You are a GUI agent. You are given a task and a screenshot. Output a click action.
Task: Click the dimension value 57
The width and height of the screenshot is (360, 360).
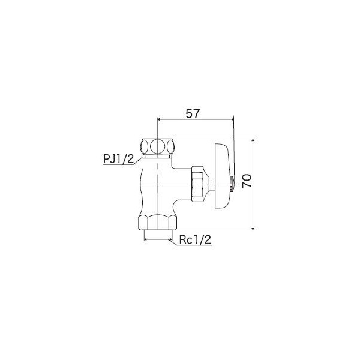pos(193,113)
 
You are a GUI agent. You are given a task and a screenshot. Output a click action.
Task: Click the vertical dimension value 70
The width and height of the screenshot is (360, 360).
pos(247,181)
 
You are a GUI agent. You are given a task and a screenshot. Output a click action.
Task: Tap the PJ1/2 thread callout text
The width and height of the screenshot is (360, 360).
pos(118,159)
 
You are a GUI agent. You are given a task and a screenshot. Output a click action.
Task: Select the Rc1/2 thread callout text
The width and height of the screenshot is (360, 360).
pos(195,240)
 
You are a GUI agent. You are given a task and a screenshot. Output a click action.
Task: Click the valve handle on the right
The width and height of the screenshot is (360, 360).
pos(223,176)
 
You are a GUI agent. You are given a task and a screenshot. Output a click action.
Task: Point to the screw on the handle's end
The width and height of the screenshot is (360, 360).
pos(232,184)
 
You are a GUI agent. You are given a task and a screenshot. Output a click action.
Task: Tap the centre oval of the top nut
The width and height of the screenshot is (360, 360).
pos(157,146)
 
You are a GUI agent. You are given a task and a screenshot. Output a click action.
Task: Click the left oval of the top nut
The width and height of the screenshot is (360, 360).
pos(145,146)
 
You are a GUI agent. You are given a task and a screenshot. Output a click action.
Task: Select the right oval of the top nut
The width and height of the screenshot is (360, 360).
pos(170,146)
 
